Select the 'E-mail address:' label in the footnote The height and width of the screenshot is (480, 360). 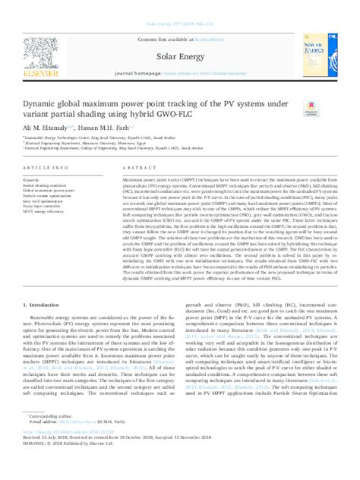[46, 444]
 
